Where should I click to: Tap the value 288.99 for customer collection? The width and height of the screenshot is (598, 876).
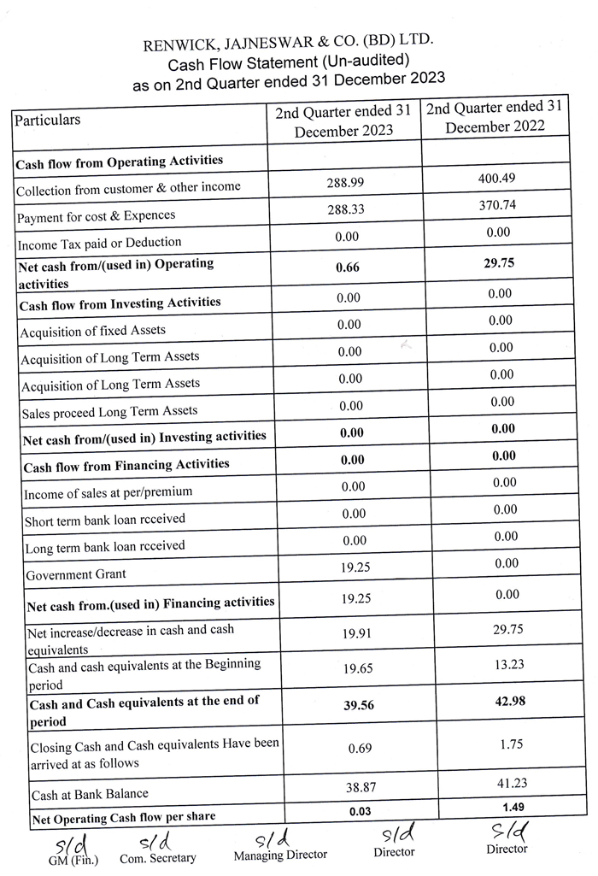click(x=348, y=183)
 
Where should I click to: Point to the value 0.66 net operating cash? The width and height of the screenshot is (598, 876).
click(x=348, y=267)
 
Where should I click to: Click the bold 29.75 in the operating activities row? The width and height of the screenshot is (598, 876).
click(x=496, y=263)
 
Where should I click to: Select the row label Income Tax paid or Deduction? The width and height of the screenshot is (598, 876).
click(x=100, y=243)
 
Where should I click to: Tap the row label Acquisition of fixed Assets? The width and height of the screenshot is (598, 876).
click(x=93, y=330)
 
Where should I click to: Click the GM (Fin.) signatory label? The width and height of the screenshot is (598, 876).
click(x=73, y=860)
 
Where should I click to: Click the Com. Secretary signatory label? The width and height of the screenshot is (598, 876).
click(x=158, y=858)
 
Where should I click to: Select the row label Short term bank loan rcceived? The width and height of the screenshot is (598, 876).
click(x=105, y=520)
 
